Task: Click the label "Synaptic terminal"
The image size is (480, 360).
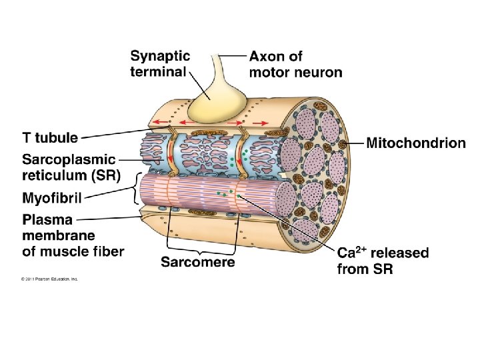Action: (160, 63)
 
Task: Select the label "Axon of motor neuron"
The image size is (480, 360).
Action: (295, 63)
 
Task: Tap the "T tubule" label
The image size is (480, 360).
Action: (50, 138)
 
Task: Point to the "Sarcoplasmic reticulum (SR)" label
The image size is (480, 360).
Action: (69, 167)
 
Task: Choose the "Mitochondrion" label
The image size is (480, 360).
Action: (416, 143)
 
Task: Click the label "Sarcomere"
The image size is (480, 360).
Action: (197, 262)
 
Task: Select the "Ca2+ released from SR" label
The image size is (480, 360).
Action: (383, 261)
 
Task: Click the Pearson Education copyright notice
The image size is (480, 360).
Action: (49, 279)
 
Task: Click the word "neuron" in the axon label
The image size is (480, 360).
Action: (319, 71)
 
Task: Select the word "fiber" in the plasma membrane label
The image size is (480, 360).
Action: (107, 251)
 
